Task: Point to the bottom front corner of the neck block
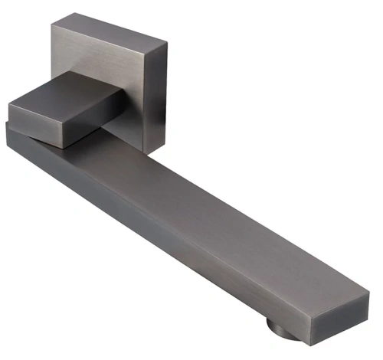(x=60, y=146)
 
